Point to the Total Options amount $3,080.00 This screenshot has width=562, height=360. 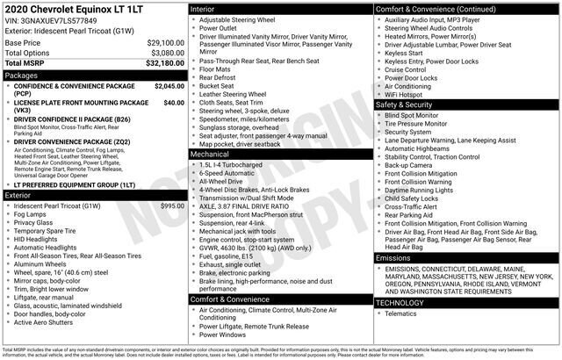coord(167,53)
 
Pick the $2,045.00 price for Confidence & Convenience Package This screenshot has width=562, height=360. coord(169,87)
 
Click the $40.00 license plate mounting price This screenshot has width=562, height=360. coord(174,103)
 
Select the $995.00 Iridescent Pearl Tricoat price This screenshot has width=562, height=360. coord(172,205)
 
